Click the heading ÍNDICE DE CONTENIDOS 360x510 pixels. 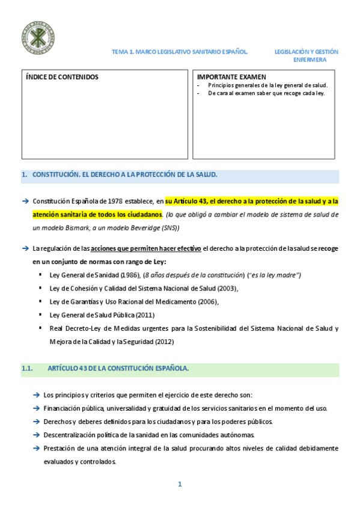(63, 78)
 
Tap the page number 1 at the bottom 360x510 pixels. (179, 484)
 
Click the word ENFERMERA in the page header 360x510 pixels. (310, 60)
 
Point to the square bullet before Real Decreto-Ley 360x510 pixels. (41, 328)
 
